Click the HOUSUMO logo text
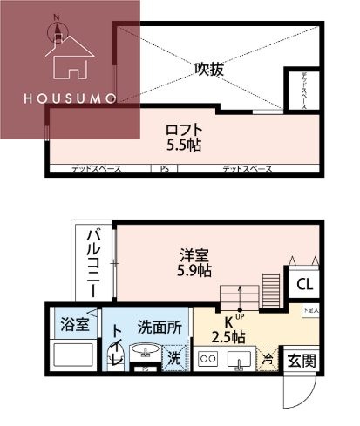(x=70, y=98)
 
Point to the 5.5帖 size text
(x=184, y=145)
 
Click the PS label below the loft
(x=163, y=168)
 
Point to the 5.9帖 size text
(x=194, y=270)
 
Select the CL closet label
(x=304, y=284)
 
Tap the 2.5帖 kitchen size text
(x=229, y=336)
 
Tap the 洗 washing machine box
(x=174, y=355)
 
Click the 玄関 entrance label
(x=302, y=359)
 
